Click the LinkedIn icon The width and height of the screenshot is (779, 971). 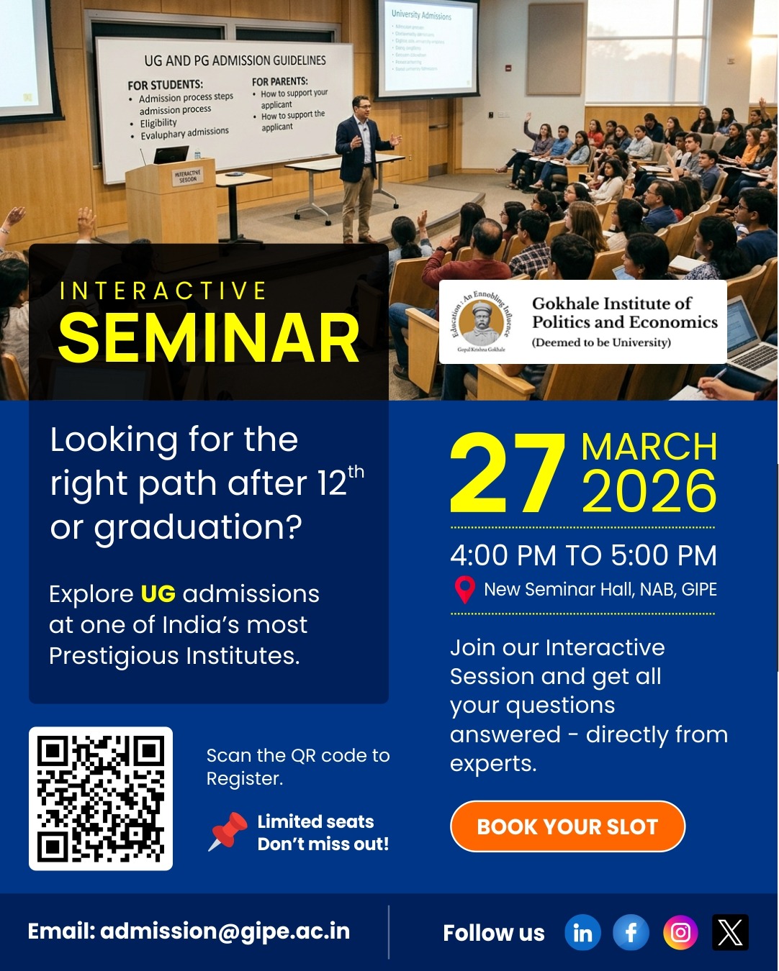582,933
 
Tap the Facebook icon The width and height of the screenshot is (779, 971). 631,933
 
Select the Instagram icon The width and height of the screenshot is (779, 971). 680,933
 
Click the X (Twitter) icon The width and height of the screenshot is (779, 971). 730,933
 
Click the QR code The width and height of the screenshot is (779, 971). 101,798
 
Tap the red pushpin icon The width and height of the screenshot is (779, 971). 228,831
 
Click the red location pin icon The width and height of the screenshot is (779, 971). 465,590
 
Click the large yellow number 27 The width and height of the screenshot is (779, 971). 507,475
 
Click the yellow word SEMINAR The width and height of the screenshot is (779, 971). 209,338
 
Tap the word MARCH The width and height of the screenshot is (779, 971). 649,447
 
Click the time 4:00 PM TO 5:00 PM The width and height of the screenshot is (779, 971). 583,555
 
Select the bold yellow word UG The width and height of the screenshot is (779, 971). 158,594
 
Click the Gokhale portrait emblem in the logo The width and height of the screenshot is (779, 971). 482,322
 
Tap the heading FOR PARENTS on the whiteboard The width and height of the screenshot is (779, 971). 280,81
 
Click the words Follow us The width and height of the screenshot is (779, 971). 494,933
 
